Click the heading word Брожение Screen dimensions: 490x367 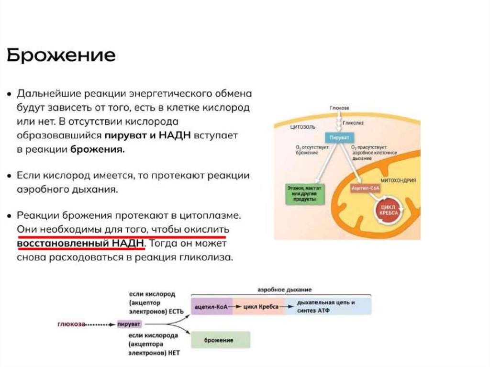[61, 56]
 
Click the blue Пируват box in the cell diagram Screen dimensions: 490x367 [338, 136]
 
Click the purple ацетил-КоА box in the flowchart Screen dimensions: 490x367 [212, 306]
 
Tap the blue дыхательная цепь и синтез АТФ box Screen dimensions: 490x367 [327, 306]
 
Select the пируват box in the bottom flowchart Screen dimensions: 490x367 [129, 324]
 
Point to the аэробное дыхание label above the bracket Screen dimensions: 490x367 [284, 290]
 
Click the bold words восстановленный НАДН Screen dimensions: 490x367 [80, 243]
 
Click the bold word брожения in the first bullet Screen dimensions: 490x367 [98, 149]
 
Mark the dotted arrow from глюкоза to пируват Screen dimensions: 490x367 [101, 324]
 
